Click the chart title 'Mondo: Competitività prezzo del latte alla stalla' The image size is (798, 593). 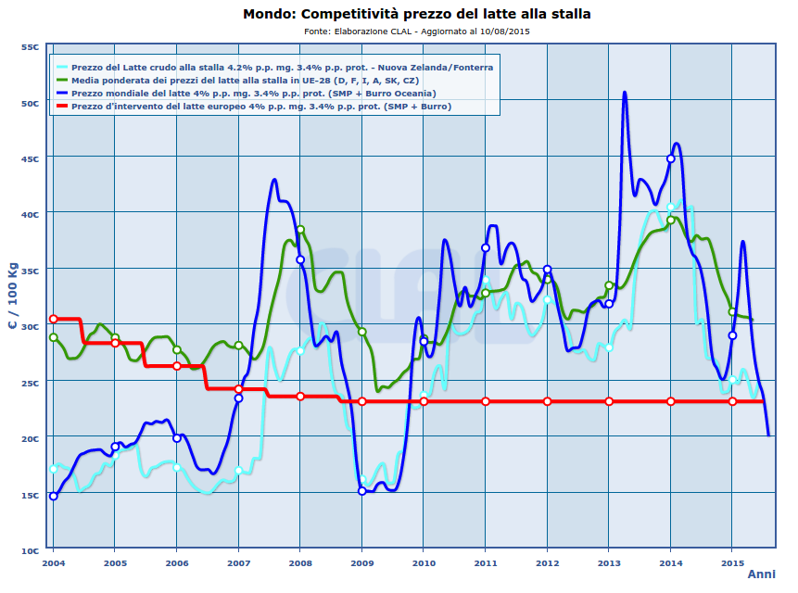click(x=416, y=14)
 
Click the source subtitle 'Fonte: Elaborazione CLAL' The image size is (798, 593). click(x=417, y=31)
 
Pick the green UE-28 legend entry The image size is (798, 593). click(x=249, y=81)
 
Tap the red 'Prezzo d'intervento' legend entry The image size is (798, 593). click(x=260, y=107)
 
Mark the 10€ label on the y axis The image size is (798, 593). click(x=30, y=550)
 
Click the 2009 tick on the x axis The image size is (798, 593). click(x=361, y=561)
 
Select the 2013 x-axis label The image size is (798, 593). click(x=609, y=561)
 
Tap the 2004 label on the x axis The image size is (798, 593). click(x=53, y=561)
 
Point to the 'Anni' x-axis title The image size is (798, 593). click(x=761, y=574)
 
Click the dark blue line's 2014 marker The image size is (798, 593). click(x=671, y=158)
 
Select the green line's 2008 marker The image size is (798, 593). click(x=300, y=230)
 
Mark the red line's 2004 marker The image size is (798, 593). click(x=53, y=319)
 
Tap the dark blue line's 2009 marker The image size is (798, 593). click(x=361, y=491)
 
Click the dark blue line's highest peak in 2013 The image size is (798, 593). click(x=625, y=93)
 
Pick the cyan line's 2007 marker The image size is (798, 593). click(x=238, y=471)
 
